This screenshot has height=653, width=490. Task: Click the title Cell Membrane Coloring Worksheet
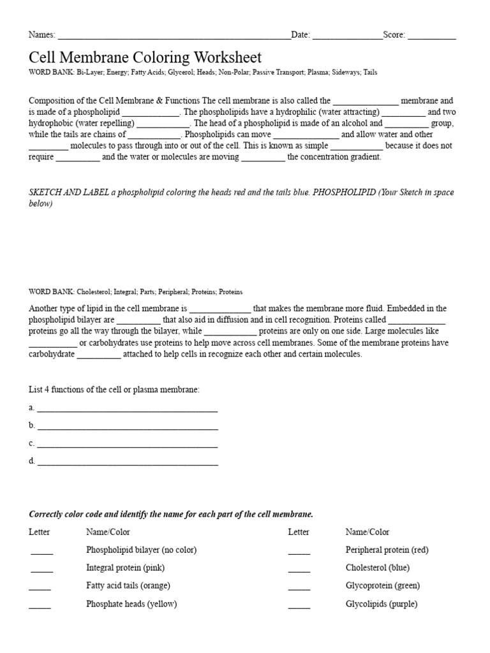coord(145,57)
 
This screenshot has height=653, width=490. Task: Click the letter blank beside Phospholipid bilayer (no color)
coord(41,552)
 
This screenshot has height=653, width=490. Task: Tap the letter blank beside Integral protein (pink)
coord(41,569)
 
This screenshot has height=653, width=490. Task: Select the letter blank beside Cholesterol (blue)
coord(299,569)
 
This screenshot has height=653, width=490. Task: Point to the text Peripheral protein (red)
coord(387,550)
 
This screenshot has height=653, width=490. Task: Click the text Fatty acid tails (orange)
coord(128,585)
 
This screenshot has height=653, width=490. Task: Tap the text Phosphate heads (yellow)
coord(131,604)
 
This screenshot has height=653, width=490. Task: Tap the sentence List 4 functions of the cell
coord(114,389)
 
